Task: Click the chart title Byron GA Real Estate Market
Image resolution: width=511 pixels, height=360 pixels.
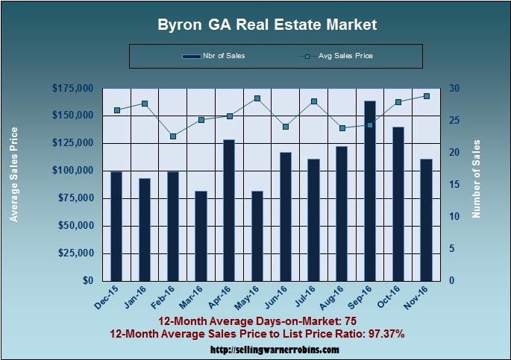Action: [x=267, y=25]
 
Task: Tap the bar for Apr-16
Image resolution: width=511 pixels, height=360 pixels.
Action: [x=229, y=210]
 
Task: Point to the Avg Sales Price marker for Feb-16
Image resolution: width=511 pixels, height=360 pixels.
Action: [x=172, y=136]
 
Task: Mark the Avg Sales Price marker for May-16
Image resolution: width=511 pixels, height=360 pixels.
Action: [x=257, y=98]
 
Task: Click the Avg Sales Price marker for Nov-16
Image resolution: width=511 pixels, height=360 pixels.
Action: [x=427, y=96]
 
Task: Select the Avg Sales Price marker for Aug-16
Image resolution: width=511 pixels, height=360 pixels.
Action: [x=342, y=128]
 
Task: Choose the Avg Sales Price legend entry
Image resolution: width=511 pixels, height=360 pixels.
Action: [x=339, y=56]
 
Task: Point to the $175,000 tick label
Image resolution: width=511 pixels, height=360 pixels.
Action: [x=72, y=89]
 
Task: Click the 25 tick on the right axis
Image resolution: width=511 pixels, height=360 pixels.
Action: [x=454, y=121]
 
